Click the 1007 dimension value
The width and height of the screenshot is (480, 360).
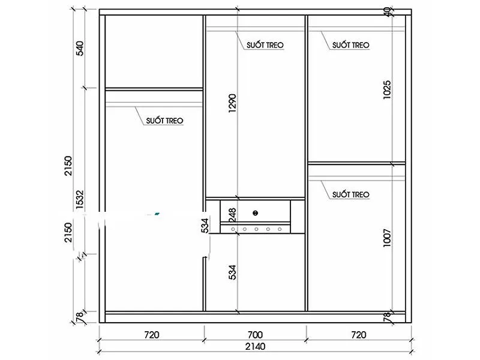point(387,239)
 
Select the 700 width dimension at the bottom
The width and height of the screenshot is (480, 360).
point(254,334)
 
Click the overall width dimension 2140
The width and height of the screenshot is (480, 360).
point(254,346)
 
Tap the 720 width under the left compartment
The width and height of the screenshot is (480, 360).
point(151,334)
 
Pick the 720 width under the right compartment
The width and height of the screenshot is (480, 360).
point(358,334)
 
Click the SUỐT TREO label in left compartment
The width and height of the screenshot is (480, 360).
point(164,121)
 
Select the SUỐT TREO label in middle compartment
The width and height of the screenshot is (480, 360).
point(265,45)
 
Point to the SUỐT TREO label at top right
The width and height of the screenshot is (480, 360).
point(350,45)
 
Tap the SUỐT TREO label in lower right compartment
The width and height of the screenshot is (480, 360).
point(350,194)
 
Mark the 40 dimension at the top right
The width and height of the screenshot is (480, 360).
point(387,10)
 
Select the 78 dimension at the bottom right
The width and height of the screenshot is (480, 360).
point(387,316)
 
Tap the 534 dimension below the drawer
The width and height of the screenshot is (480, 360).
point(233,273)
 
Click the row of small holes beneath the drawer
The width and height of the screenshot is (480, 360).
point(255,229)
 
